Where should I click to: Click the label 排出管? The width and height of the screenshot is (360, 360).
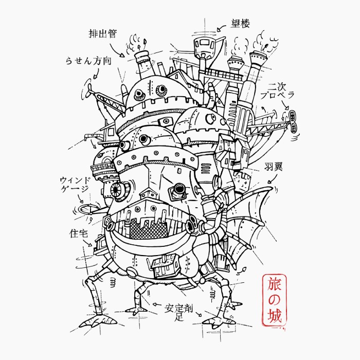point(103,34)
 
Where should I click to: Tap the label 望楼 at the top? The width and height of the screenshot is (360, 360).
point(239,23)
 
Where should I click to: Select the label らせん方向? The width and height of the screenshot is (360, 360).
point(88,60)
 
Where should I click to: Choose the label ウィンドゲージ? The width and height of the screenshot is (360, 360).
point(75,184)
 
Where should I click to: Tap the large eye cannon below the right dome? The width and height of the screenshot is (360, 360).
point(178,190)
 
